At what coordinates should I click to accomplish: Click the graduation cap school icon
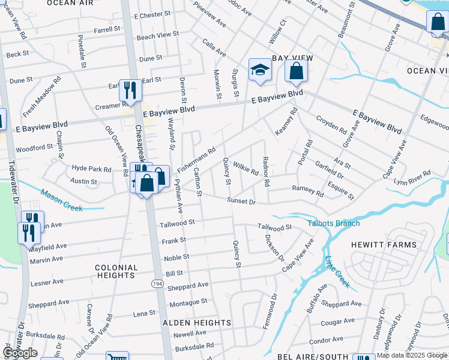260,70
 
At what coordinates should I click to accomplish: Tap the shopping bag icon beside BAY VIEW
296,71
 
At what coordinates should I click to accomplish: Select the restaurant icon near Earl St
130,91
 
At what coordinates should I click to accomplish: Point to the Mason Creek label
62,200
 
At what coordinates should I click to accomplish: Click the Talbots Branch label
334,224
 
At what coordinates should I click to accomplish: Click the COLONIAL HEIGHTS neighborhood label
115,271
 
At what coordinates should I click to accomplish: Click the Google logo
20,353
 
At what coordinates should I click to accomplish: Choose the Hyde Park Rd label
91,169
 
